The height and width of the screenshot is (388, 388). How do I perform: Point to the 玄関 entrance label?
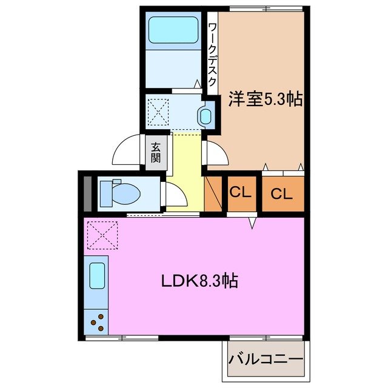click(156, 152)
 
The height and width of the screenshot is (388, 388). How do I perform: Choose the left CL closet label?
click(240, 193)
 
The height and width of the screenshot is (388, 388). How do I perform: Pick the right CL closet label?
click(282, 194)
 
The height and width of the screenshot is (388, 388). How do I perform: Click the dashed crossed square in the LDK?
click(102, 235)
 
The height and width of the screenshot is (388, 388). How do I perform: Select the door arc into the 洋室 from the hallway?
click(216, 152)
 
